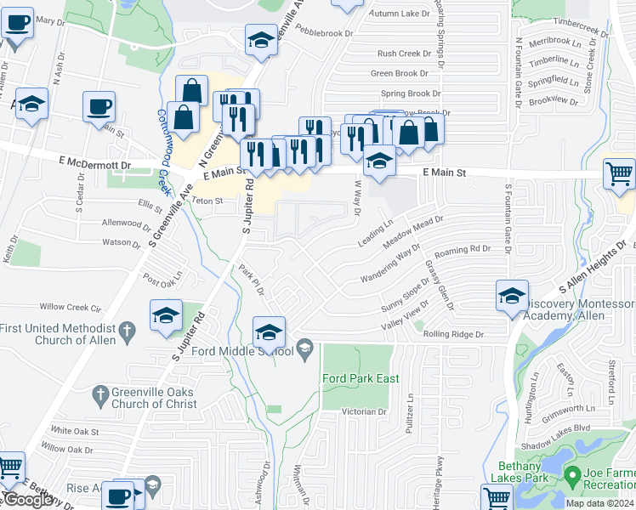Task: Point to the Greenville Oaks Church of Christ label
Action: (154, 399)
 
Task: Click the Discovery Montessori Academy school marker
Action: (512, 297)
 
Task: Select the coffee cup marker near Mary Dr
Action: (16, 24)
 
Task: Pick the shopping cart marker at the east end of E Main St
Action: (619, 174)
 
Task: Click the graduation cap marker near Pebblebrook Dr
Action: (260, 40)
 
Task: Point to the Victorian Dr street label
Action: (363, 411)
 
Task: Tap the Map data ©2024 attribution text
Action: (600, 503)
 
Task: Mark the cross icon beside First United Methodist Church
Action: (127, 328)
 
